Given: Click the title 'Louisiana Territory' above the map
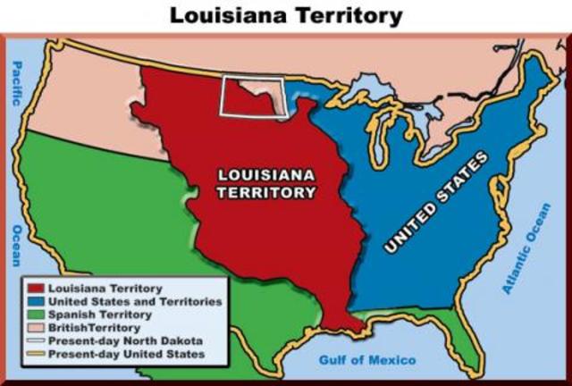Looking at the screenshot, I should pyautogui.click(x=286, y=16).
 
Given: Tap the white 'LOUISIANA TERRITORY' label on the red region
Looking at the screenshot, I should pyautogui.click(x=267, y=183).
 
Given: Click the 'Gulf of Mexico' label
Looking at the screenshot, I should pyautogui.click(x=367, y=360).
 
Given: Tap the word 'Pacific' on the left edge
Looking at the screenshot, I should pyautogui.click(x=15, y=84).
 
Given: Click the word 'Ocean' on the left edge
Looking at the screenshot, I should pyautogui.click(x=15, y=245).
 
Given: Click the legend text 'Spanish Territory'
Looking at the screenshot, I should pyautogui.click(x=99, y=315).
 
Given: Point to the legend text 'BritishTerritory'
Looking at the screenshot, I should pyautogui.click(x=95, y=328).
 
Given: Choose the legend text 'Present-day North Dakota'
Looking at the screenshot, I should pyautogui.click(x=125, y=341).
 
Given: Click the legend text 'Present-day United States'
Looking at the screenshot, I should pyautogui.click(x=126, y=354).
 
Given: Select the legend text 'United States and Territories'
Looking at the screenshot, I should pyautogui.click(x=134, y=302).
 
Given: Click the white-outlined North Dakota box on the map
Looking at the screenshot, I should pyautogui.click(x=253, y=96).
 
